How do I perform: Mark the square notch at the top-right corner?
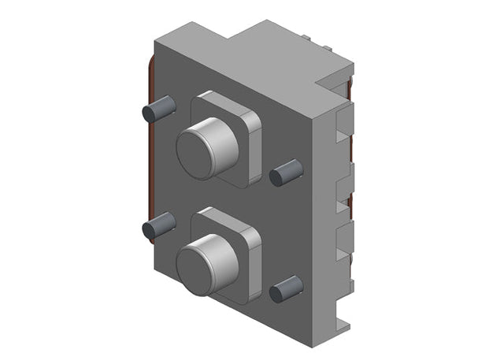(x=332, y=79)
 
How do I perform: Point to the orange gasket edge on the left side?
(x=146, y=158)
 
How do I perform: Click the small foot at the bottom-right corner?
(x=341, y=323)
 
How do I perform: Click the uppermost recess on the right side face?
(x=340, y=126)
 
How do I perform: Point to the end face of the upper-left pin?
(x=149, y=113)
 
